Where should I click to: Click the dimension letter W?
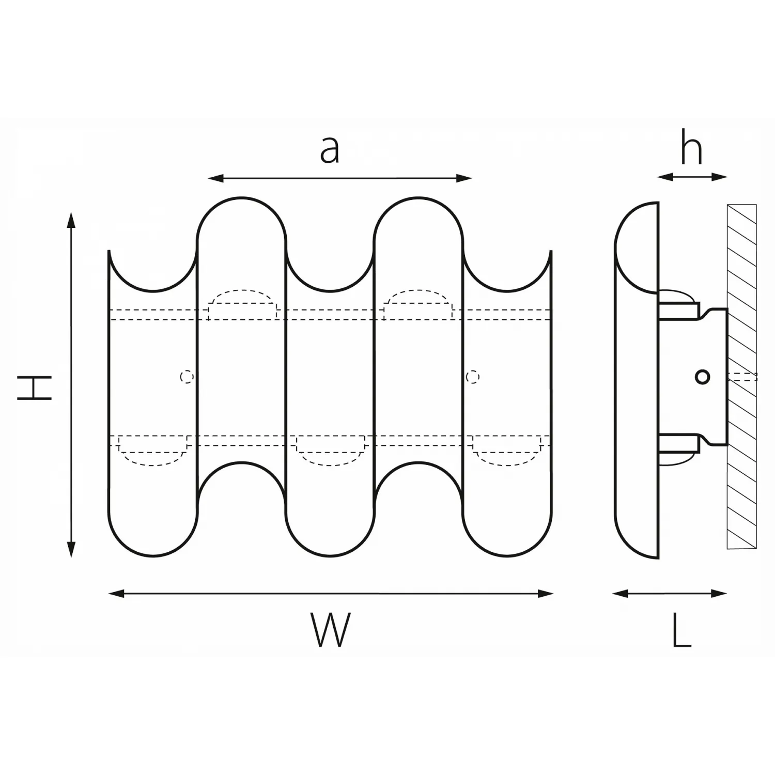[331, 629]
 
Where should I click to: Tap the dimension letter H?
[35, 388]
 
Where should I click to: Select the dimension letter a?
[330, 150]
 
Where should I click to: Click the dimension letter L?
[681, 630]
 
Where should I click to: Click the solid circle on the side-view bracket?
[702, 377]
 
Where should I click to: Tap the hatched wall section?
[742, 377]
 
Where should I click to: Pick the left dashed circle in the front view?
[187, 377]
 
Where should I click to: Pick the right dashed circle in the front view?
[472, 377]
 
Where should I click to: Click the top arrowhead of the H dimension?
[71, 219]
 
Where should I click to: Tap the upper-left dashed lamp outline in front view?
[242, 304]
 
